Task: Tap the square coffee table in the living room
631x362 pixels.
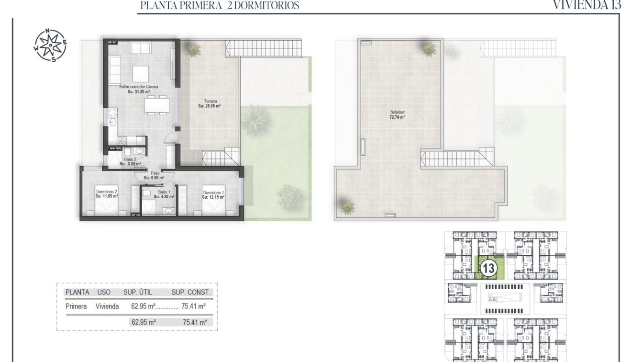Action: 140,74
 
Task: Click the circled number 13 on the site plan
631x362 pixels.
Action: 488,268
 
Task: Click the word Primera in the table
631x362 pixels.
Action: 76,306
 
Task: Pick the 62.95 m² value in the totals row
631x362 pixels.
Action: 144,322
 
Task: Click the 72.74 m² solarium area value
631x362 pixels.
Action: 397,117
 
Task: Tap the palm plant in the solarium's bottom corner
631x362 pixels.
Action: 346,205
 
